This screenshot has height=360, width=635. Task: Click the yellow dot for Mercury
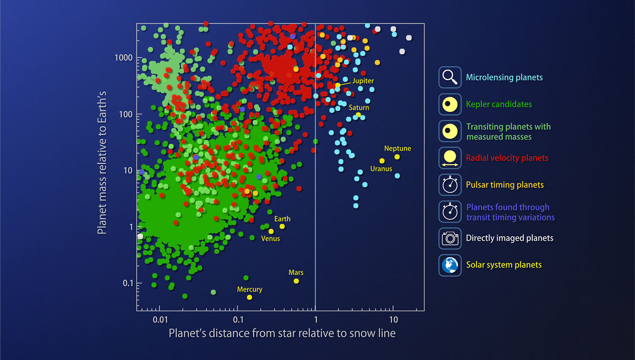pyautogui.click(x=249, y=297)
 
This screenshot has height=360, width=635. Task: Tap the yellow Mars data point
pyautogui.click(x=296, y=281)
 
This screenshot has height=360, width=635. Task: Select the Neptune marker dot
pyautogui.click(x=397, y=157)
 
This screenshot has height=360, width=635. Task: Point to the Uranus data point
pyautogui.click(x=382, y=161)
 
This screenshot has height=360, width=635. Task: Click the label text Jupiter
pyautogui.click(x=363, y=81)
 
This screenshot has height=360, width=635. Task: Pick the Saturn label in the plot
pyautogui.click(x=359, y=108)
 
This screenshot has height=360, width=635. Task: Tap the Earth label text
pyautogui.click(x=282, y=219)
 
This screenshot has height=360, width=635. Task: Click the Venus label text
pyautogui.click(x=271, y=239)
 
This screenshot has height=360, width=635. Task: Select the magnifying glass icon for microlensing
pyautogui.click(x=450, y=77)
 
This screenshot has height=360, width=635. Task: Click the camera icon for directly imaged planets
pyautogui.click(x=450, y=238)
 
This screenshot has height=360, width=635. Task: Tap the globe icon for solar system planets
pyautogui.click(x=450, y=265)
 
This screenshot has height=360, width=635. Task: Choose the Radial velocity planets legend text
pyautogui.click(x=507, y=158)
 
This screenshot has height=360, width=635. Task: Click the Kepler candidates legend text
pyautogui.click(x=499, y=104)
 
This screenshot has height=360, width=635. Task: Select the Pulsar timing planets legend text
pyautogui.click(x=505, y=185)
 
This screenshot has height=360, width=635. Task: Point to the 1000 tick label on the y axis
pyautogui.click(x=123, y=58)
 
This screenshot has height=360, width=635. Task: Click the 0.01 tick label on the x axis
pyautogui.click(x=160, y=320)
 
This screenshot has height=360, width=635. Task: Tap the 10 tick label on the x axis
pyautogui.click(x=393, y=320)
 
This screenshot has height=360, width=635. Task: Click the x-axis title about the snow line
pyautogui.click(x=282, y=333)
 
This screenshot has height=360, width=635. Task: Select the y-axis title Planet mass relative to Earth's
pyautogui.click(x=102, y=163)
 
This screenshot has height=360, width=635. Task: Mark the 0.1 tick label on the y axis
pyautogui.click(x=128, y=283)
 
